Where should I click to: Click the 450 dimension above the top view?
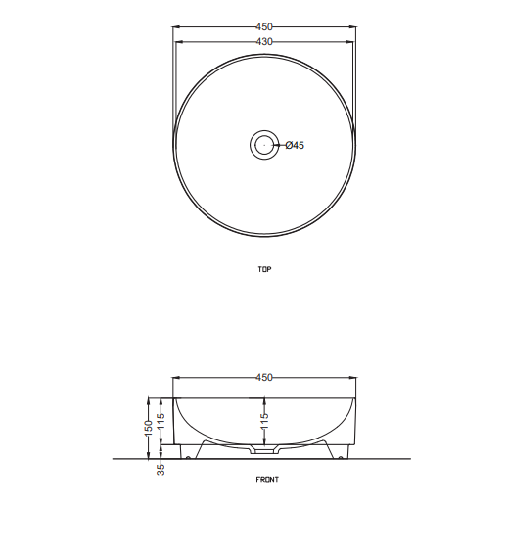(264, 26)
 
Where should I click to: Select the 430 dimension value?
(264, 42)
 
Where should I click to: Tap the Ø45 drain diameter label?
(295, 145)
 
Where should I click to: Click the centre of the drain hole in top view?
(264, 145)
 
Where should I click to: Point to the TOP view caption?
(264, 269)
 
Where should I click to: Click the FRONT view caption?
(267, 480)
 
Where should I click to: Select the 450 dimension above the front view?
(264, 378)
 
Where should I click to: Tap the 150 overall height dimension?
(149, 428)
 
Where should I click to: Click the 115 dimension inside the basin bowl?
(264, 421)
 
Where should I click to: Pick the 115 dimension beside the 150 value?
(161, 421)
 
